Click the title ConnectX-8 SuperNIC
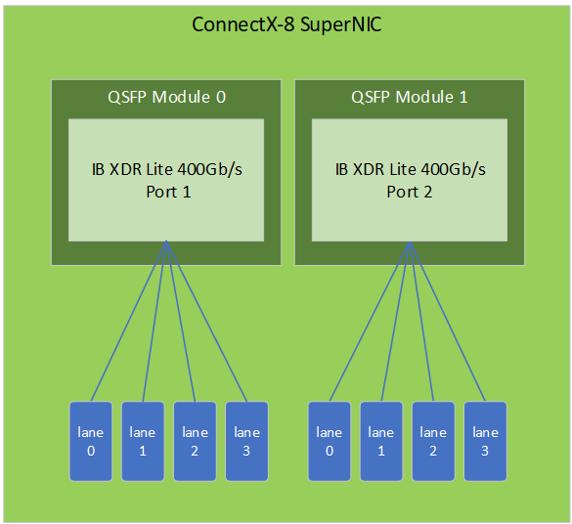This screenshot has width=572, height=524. [286, 24]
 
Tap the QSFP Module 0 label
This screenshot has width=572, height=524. [167, 97]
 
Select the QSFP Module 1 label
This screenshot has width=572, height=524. [410, 97]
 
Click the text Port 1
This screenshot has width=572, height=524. [168, 192]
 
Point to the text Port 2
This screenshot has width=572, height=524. [410, 192]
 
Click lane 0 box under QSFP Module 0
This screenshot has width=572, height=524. [91, 441]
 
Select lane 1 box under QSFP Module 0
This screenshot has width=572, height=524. [143, 441]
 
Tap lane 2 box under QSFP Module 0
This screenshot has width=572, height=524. [195, 441]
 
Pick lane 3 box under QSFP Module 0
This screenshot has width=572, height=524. [246, 441]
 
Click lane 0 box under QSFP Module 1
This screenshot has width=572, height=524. [330, 441]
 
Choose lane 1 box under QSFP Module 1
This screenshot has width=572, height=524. [381, 441]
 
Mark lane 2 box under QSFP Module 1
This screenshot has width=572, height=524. [433, 441]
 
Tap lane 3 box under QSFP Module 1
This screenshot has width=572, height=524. [485, 441]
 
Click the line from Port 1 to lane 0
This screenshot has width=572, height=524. [128, 322]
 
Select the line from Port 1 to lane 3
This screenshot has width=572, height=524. [206, 322]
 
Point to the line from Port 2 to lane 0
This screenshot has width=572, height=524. [370, 322]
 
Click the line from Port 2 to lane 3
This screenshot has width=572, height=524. [447, 322]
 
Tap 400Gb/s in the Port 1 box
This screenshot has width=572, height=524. [210, 169]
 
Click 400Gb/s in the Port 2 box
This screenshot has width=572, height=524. [453, 169]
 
